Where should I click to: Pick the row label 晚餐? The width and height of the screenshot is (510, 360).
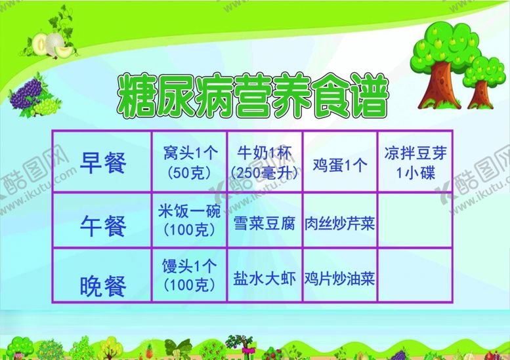pyautogui.click(x=102, y=285)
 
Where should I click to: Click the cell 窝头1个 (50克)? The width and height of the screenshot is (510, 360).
pyautogui.click(x=190, y=163)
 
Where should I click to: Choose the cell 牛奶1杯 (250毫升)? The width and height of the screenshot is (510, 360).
pyautogui.click(x=264, y=163)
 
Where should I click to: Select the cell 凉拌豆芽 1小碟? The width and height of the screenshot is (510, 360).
pyautogui.click(x=415, y=162)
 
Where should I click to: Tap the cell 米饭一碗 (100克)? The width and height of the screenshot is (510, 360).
pyautogui.click(x=190, y=220)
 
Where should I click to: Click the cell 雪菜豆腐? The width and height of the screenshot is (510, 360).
pyautogui.click(x=264, y=224)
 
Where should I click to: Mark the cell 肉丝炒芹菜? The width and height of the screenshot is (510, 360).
pyautogui.click(x=339, y=224)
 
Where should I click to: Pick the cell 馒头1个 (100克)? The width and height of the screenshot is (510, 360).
pyautogui.click(x=190, y=275)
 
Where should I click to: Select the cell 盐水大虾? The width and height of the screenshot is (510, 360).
pyautogui.click(x=264, y=279)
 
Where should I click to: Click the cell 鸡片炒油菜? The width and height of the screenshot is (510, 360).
pyautogui.click(x=339, y=279)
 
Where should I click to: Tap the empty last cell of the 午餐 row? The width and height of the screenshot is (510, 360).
pyautogui.click(x=415, y=220)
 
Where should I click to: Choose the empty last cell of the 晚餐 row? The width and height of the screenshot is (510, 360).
pyautogui.click(x=415, y=275)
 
